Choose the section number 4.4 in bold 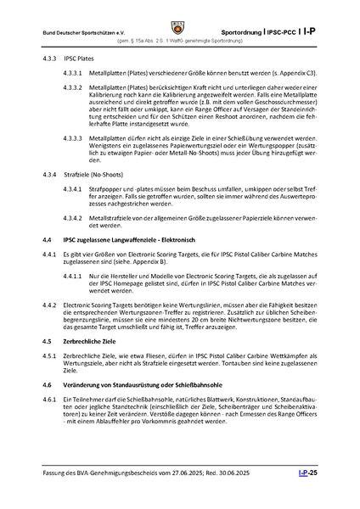(x=46, y=266)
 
